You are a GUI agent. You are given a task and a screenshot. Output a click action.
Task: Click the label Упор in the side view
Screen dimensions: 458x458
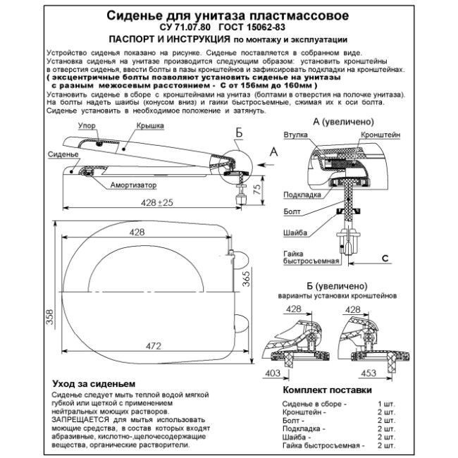(87, 126)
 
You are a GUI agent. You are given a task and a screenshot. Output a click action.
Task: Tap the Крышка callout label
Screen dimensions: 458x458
(150, 126)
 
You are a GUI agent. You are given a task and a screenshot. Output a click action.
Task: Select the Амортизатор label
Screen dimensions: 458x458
(133, 185)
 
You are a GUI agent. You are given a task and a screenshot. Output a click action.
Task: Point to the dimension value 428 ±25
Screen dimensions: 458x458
(157, 202)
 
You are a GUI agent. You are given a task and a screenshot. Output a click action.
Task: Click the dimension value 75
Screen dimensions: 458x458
(257, 190)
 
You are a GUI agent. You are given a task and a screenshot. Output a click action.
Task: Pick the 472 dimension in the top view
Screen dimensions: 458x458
(154, 346)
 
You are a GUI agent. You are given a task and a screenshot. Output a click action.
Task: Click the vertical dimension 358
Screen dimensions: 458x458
(50, 317)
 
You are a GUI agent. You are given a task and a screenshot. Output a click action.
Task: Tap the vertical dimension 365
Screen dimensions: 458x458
(246, 279)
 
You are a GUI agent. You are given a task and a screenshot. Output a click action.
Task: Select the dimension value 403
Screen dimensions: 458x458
(273, 373)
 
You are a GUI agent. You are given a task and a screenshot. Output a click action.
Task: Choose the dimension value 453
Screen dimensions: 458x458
(369, 373)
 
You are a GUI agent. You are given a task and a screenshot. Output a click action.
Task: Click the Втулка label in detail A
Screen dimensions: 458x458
(296, 135)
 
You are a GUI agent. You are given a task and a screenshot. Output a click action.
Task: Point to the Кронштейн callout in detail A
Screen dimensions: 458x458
(380, 135)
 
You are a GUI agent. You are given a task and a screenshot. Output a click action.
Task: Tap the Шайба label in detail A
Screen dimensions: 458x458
(295, 233)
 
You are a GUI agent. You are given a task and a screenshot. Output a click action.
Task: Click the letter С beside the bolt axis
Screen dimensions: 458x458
(385, 258)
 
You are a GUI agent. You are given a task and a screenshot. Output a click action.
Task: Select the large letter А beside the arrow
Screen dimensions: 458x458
(273, 152)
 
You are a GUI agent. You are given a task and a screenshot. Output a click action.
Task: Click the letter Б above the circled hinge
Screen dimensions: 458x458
(239, 133)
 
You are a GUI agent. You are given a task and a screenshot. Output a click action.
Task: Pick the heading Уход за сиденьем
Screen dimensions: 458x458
(94, 383)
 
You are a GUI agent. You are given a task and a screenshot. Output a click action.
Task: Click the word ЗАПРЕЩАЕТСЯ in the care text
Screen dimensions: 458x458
(80, 420)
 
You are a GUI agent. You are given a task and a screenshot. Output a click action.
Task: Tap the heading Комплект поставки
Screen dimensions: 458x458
(327, 390)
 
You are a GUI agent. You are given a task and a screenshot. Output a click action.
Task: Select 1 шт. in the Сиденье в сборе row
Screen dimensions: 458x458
(386, 404)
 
